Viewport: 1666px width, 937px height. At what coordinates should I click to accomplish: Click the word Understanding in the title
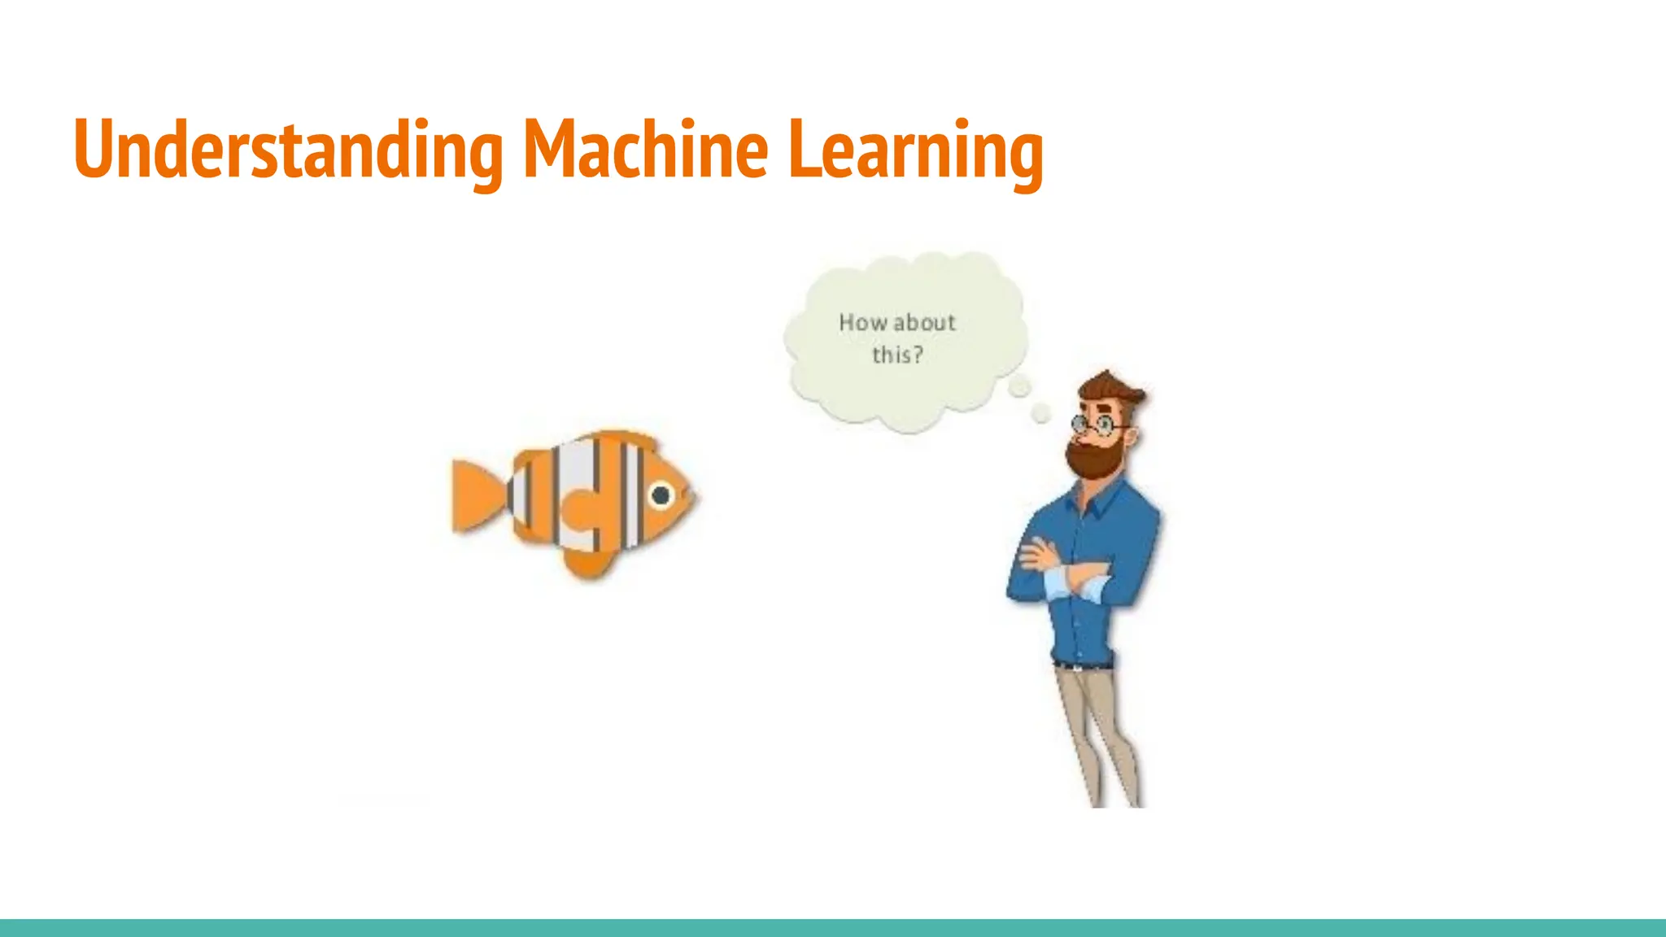[288, 150]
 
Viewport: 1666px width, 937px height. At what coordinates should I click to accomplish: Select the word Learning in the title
[915, 150]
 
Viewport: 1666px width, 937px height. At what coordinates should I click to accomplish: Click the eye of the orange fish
[661, 495]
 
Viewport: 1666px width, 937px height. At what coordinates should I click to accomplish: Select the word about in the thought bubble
[925, 323]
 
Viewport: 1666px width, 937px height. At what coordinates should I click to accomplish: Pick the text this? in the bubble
[897, 355]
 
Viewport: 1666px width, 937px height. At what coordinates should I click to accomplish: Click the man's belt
[1082, 665]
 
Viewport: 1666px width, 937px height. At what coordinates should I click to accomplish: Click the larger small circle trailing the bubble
[1019, 388]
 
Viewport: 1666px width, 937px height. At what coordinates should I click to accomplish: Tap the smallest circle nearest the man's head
[1040, 414]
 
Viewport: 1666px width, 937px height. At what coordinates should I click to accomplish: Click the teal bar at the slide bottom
[833, 927]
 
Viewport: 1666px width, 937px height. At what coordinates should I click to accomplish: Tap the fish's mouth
[691, 496]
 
